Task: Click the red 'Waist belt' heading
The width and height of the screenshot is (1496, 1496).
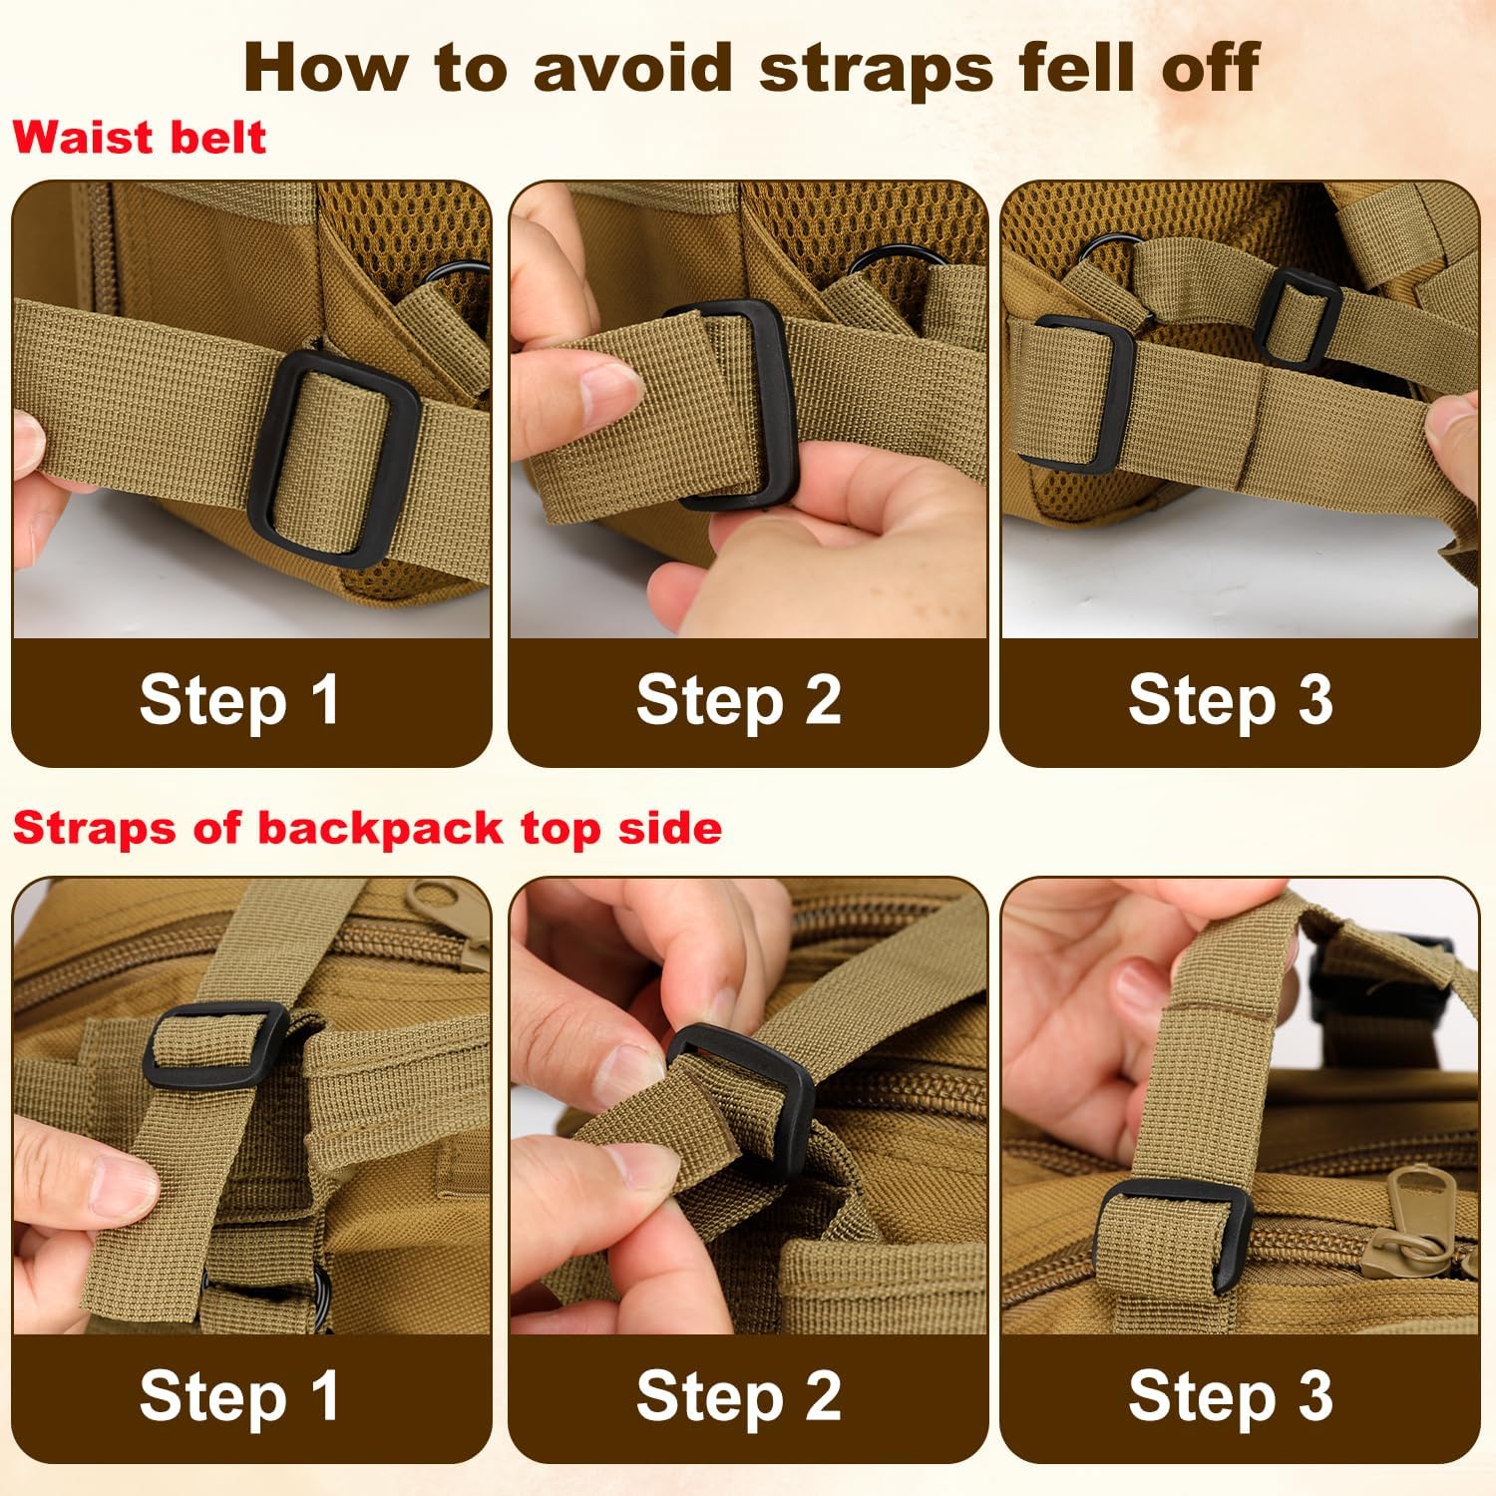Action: [140, 138]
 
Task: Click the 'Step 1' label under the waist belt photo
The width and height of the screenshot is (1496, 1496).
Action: [239, 700]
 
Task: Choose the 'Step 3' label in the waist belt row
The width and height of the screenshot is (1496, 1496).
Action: [1230, 700]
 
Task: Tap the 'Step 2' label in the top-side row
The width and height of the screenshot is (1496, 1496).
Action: [738, 1396]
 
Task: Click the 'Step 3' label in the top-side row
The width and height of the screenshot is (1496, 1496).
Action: [1230, 1396]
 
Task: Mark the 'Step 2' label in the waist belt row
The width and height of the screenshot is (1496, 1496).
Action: [738, 700]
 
